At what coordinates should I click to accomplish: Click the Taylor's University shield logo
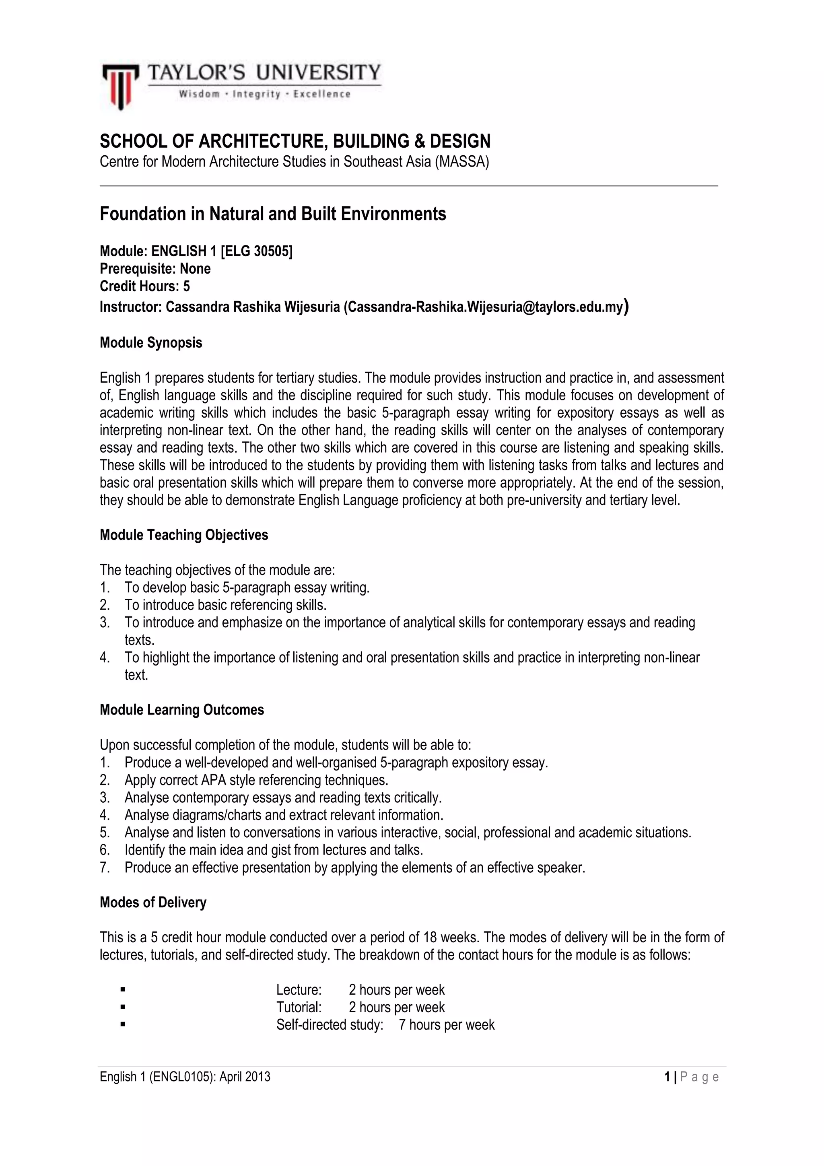click(120, 85)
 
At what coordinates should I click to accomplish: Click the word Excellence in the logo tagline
click(321, 94)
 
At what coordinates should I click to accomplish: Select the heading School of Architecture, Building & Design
click(295, 141)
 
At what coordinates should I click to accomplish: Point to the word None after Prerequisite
click(195, 269)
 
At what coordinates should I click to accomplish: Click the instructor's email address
click(485, 307)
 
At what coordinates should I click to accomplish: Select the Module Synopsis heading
click(151, 343)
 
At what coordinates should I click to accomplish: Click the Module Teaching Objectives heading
click(184, 535)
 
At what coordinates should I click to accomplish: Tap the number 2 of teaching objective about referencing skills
click(105, 605)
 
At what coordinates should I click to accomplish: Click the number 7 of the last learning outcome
click(105, 867)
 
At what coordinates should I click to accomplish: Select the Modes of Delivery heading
click(153, 902)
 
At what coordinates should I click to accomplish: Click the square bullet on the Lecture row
click(123, 989)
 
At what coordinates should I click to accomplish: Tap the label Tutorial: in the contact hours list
click(299, 1007)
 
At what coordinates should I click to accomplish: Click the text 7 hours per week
click(446, 1024)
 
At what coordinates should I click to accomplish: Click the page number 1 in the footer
click(667, 1077)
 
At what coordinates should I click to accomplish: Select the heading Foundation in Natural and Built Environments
click(273, 214)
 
